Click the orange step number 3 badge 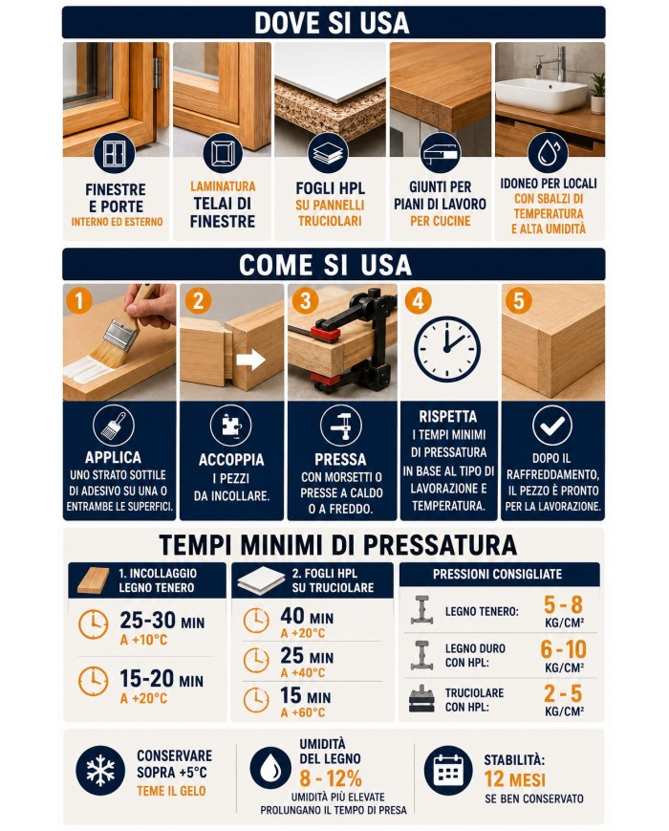(x=306, y=300)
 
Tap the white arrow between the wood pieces (x=250, y=360)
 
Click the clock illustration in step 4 (x=446, y=349)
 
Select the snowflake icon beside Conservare (x=100, y=771)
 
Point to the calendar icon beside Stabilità (x=448, y=771)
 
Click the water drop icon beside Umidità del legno (x=270, y=771)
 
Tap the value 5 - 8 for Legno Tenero (x=563, y=604)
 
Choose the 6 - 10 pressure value (x=563, y=649)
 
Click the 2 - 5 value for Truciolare (x=563, y=693)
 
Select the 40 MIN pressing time (x=307, y=617)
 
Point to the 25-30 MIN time (x=162, y=620)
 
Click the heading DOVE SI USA (x=333, y=23)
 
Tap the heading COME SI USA (x=325, y=265)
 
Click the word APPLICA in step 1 (x=113, y=457)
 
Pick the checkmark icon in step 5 (x=552, y=425)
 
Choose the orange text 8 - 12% (x=331, y=778)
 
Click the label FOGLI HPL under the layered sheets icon (x=330, y=188)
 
